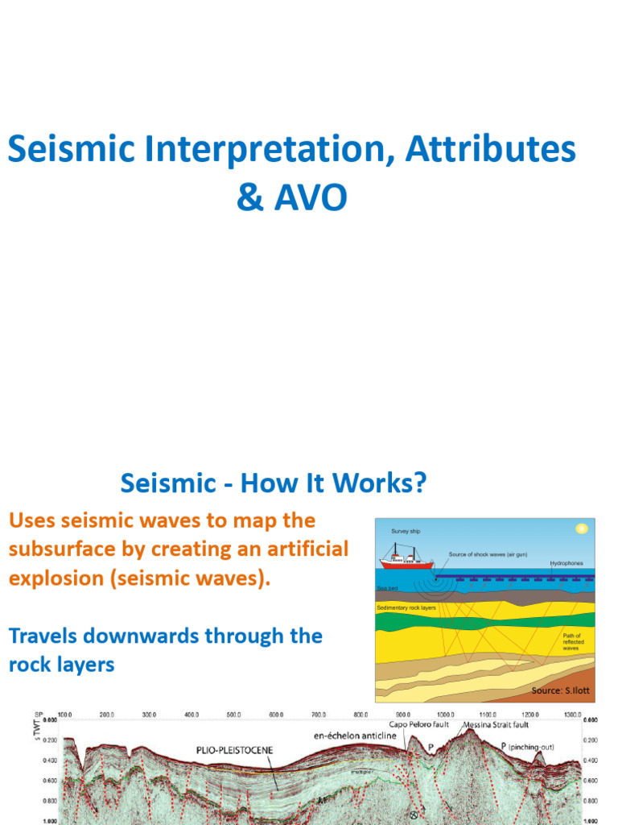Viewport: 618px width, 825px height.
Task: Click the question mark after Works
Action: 416,483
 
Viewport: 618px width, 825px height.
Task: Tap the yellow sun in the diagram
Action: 581,529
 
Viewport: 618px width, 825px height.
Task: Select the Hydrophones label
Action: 567,563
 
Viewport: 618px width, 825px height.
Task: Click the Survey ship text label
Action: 406,532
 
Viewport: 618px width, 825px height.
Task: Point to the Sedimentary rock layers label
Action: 406,607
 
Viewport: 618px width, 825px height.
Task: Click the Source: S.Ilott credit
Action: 560,691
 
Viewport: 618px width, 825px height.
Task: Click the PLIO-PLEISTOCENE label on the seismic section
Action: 235,749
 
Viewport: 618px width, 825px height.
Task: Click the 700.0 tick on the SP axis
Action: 319,715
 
